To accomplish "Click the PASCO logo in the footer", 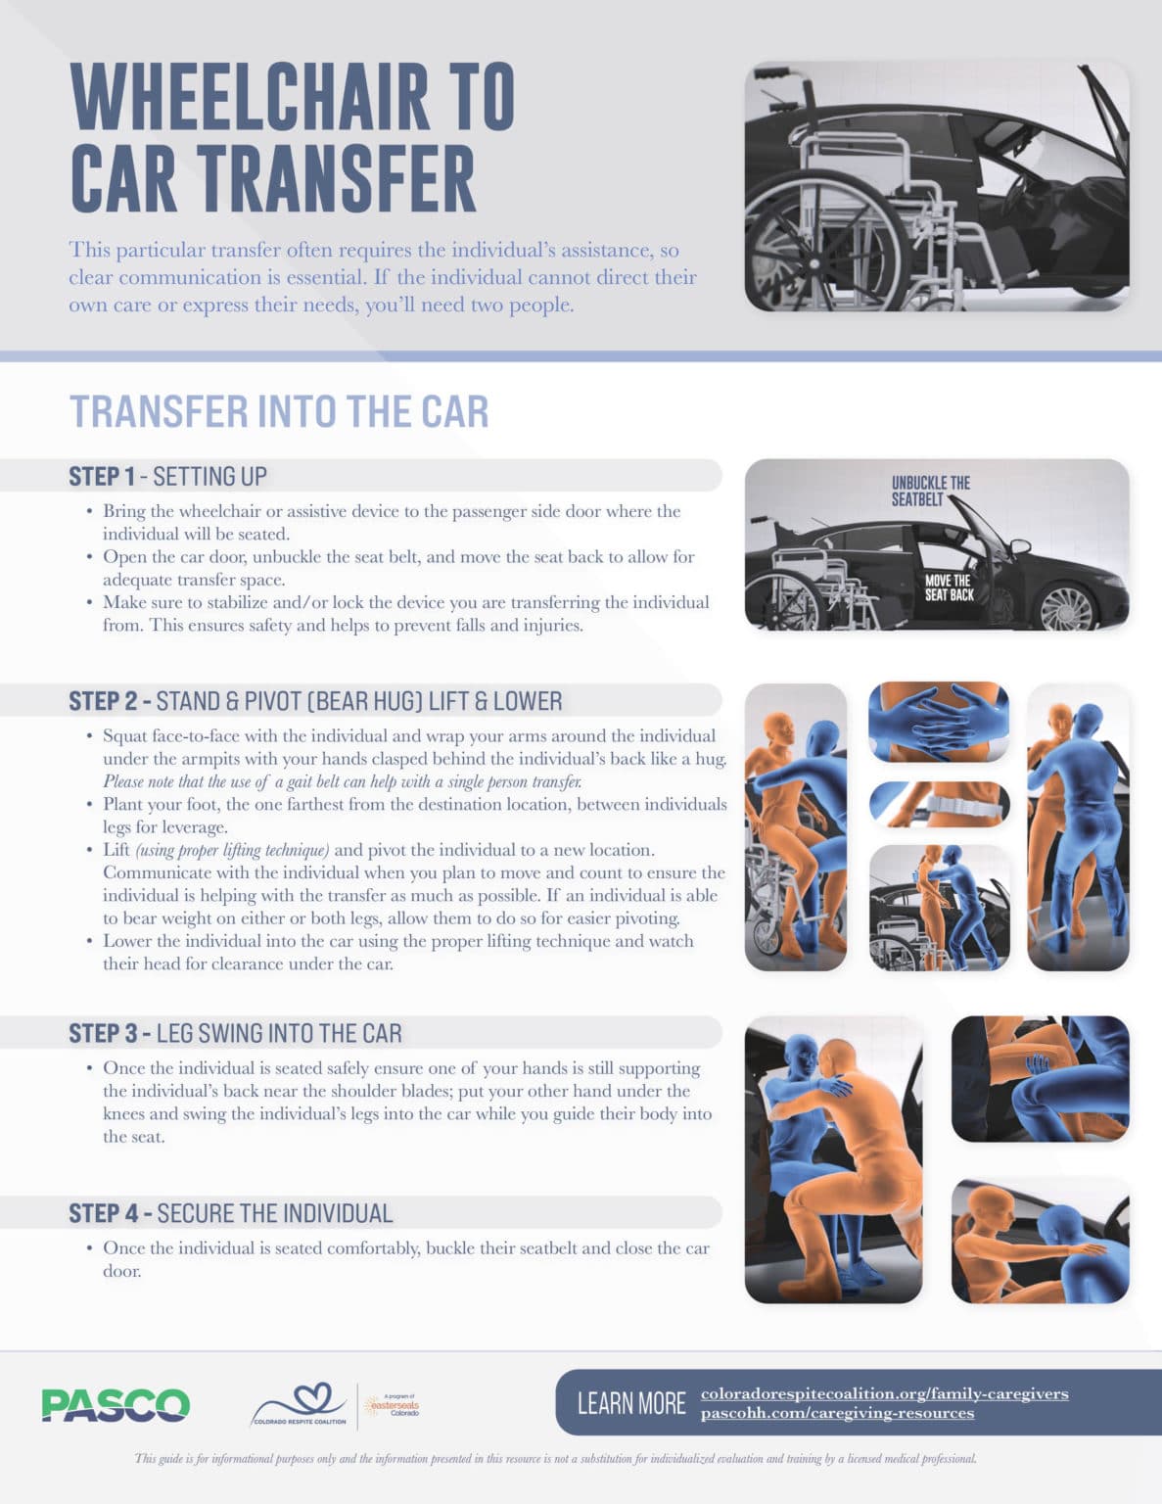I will click(x=116, y=1404).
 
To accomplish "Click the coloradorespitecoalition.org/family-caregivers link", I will click(x=884, y=1393).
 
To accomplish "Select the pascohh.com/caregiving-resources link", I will click(x=837, y=1413).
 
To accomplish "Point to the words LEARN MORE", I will click(x=631, y=1403).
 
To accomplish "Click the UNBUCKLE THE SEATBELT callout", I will click(x=930, y=492).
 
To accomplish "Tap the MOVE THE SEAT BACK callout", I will click(x=949, y=587).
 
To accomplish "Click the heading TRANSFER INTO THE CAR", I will click(x=279, y=411).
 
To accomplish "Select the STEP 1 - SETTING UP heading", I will click(x=167, y=477).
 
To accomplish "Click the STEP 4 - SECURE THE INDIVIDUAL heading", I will click(x=230, y=1213).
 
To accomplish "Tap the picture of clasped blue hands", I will click(x=938, y=722).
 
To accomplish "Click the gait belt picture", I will click(x=939, y=804).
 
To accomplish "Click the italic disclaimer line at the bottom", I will click(x=555, y=1459).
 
